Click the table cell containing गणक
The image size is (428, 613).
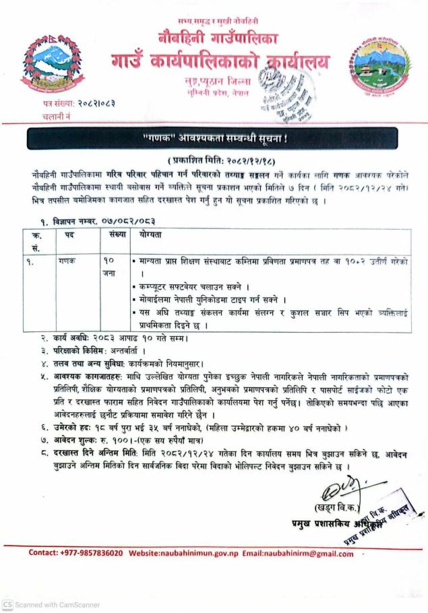[67, 259]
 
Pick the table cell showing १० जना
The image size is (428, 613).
[111, 266]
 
